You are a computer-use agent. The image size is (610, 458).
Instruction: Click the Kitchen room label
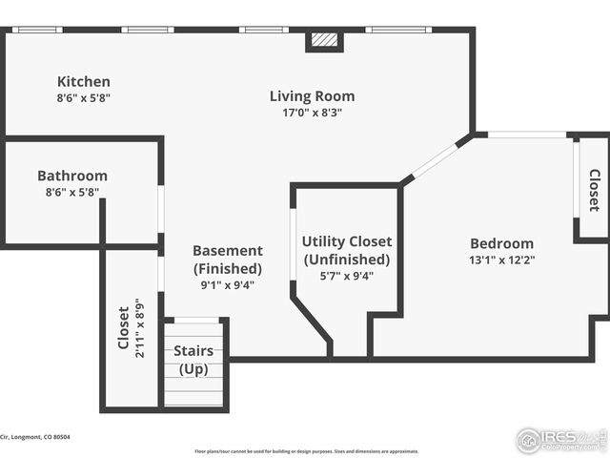pos(83,82)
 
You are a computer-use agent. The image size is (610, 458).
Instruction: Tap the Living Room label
pos(312,96)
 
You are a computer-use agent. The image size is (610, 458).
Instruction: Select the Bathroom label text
pos(72,176)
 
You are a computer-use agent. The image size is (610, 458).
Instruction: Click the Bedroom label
pos(501,243)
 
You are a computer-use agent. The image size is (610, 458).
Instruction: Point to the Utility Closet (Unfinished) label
pos(347,250)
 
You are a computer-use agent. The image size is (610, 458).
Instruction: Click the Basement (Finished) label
pos(227,260)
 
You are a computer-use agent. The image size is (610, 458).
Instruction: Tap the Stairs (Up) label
pos(193,359)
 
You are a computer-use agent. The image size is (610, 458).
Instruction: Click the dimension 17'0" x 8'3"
pos(312,112)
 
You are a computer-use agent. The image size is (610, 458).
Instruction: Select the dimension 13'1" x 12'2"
pos(501,259)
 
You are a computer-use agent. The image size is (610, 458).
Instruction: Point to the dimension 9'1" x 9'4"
pos(227,283)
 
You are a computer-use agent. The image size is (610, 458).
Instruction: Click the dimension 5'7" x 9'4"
pos(347,276)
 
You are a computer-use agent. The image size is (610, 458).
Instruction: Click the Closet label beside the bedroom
pos(594,190)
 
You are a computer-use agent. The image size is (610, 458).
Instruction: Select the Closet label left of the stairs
pos(123,327)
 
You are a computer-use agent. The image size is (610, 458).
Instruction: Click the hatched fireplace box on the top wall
pos(325,41)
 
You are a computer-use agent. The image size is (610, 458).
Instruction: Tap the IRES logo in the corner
pos(559,439)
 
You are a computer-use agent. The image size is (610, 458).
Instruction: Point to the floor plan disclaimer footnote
pos(306,451)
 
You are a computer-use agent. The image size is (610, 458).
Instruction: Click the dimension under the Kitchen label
pos(83,96)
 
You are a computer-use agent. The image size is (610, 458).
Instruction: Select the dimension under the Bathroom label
pos(72,191)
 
